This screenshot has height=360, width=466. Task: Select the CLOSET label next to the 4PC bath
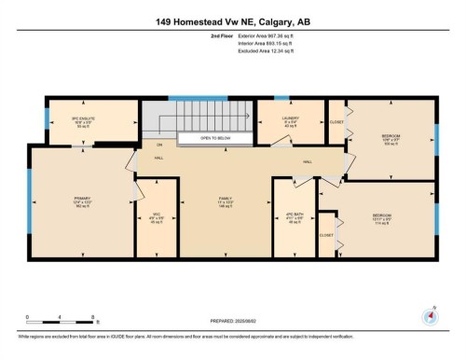pyautogui.click(x=326, y=235)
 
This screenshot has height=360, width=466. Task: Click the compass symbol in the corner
pyautogui.click(x=432, y=314)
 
